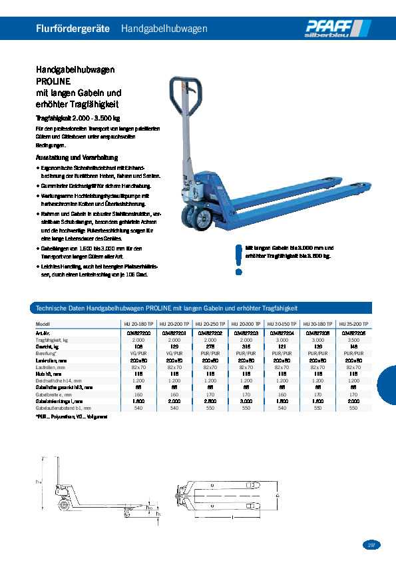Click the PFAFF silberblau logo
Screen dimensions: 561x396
[337, 28]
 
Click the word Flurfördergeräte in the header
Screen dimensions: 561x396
[73, 29]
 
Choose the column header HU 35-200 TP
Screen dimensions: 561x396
[353, 323]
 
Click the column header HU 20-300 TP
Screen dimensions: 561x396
[246, 323]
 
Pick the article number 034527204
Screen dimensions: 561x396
[282, 332]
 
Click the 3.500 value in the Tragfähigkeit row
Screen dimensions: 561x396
[353, 339]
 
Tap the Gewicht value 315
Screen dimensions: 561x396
[246, 346]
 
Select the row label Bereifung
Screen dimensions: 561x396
[47, 354]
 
